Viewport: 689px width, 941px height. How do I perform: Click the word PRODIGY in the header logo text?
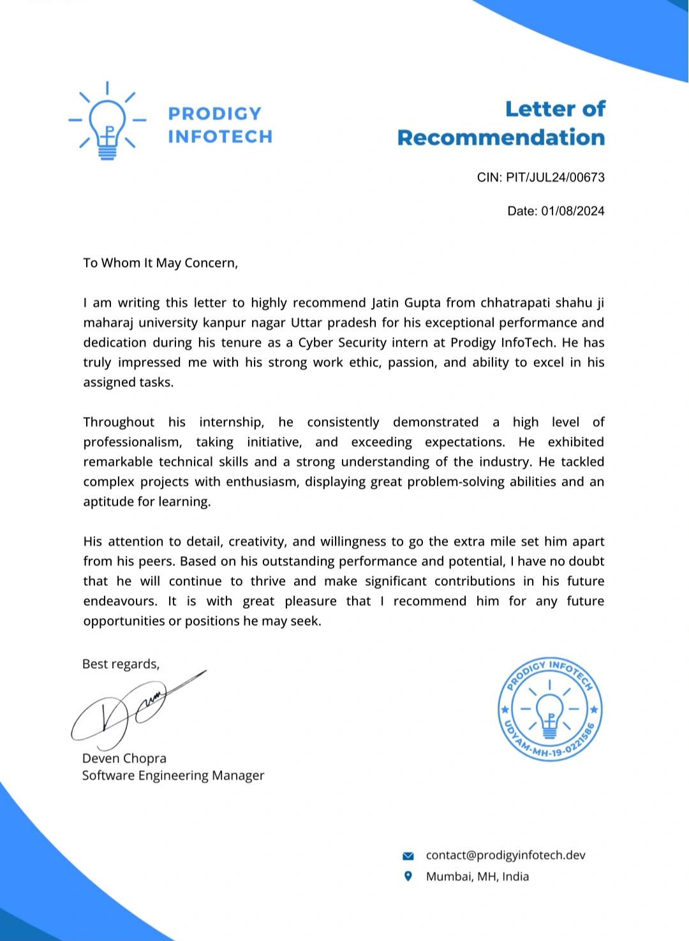pyautogui.click(x=214, y=113)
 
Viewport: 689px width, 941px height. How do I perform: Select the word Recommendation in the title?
pyautogui.click(x=501, y=138)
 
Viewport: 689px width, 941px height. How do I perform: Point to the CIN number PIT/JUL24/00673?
pyautogui.click(x=555, y=177)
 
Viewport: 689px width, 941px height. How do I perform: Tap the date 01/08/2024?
pyautogui.click(x=572, y=211)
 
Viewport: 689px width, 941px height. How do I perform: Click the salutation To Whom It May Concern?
pyautogui.click(x=160, y=263)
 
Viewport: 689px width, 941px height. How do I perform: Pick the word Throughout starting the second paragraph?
pyautogui.click(x=119, y=422)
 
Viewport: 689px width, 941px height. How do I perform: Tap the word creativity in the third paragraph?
pyautogui.click(x=257, y=541)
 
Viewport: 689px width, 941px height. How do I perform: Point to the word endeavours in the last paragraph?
pyautogui.click(x=119, y=601)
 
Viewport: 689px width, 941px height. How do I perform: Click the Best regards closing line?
pyautogui.click(x=121, y=664)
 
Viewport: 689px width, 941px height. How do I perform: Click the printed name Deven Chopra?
pyautogui.click(x=124, y=758)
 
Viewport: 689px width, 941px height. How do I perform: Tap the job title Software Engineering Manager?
pyautogui.click(x=173, y=775)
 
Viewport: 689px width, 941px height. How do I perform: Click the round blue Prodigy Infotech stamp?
pyautogui.click(x=549, y=709)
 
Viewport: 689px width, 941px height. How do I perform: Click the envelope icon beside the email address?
pyautogui.click(x=408, y=856)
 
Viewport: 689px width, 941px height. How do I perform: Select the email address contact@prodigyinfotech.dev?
pyautogui.click(x=505, y=855)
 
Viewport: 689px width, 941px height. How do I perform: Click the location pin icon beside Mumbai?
pyautogui.click(x=408, y=876)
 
